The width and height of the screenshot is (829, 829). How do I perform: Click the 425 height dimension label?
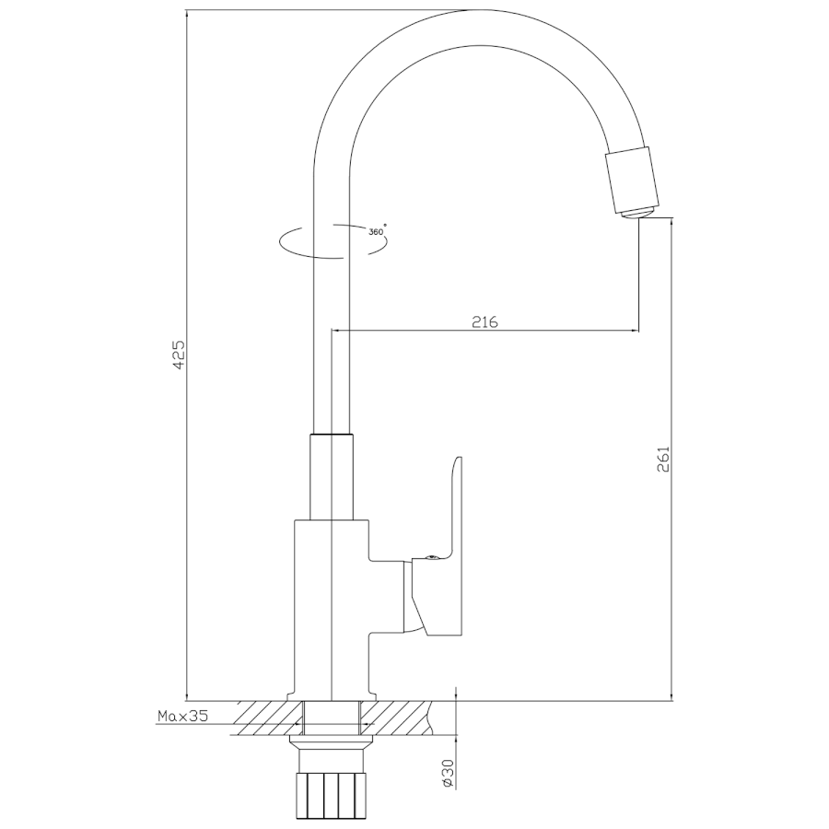(180, 355)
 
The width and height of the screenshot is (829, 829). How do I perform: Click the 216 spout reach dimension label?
(485, 321)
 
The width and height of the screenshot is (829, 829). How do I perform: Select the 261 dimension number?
(663, 460)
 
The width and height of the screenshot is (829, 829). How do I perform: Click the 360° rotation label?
(378, 231)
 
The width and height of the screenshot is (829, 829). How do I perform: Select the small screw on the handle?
(431, 557)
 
